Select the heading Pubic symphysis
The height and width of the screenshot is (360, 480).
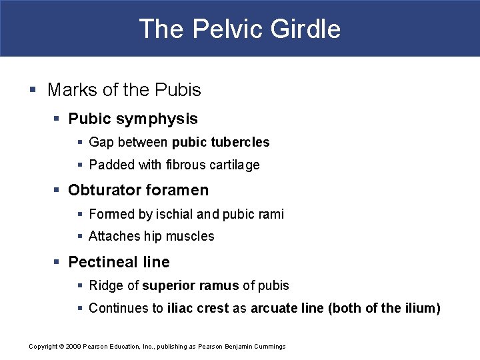[x=133, y=119]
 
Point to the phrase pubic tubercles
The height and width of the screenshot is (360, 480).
[x=221, y=142]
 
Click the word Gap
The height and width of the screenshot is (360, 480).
[x=101, y=142]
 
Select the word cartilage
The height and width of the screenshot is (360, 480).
[x=233, y=165]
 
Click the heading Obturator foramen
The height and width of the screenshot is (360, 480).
[x=138, y=190]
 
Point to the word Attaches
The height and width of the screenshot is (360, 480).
[x=114, y=236]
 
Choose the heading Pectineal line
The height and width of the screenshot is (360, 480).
[x=119, y=262]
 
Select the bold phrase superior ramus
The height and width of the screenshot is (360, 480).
[x=190, y=285]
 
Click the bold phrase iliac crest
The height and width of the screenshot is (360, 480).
[x=198, y=308]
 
